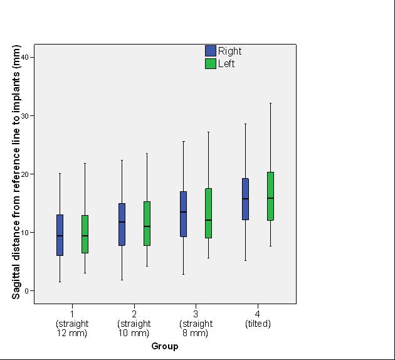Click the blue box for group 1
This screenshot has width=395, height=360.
point(60,235)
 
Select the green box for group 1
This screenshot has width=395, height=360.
point(85,234)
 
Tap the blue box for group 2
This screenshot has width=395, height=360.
point(122,224)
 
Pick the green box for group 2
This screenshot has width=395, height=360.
point(147,223)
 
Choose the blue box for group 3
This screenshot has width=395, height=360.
point(183,214)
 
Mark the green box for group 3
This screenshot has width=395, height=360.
point(208,213)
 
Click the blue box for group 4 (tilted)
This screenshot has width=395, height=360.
point(245,199)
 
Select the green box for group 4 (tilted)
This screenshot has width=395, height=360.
point(271,196)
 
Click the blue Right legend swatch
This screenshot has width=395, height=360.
point(211,51)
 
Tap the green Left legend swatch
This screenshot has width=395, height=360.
point(211,64)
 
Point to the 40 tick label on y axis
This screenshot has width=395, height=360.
point(24,57)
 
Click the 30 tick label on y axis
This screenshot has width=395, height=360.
point(24,115)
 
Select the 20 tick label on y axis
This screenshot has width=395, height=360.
point(24,174)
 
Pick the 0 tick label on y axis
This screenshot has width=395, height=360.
point(26,291)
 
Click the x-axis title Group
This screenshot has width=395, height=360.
point(165,346)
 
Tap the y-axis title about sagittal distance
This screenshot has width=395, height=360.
point(16,172)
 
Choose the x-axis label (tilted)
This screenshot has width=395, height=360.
point(258,324)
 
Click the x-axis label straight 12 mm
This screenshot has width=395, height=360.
point(72,328)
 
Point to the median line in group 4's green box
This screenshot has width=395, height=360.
point(271,198)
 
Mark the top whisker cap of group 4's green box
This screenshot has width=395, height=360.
point(271,103)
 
